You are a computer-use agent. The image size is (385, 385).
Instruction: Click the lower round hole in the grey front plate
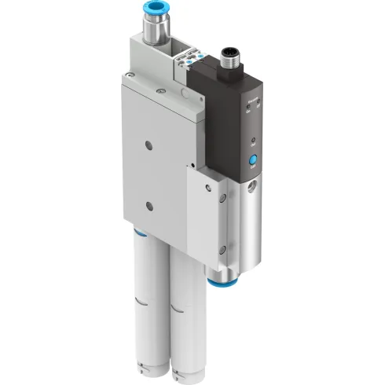[150, 206]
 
